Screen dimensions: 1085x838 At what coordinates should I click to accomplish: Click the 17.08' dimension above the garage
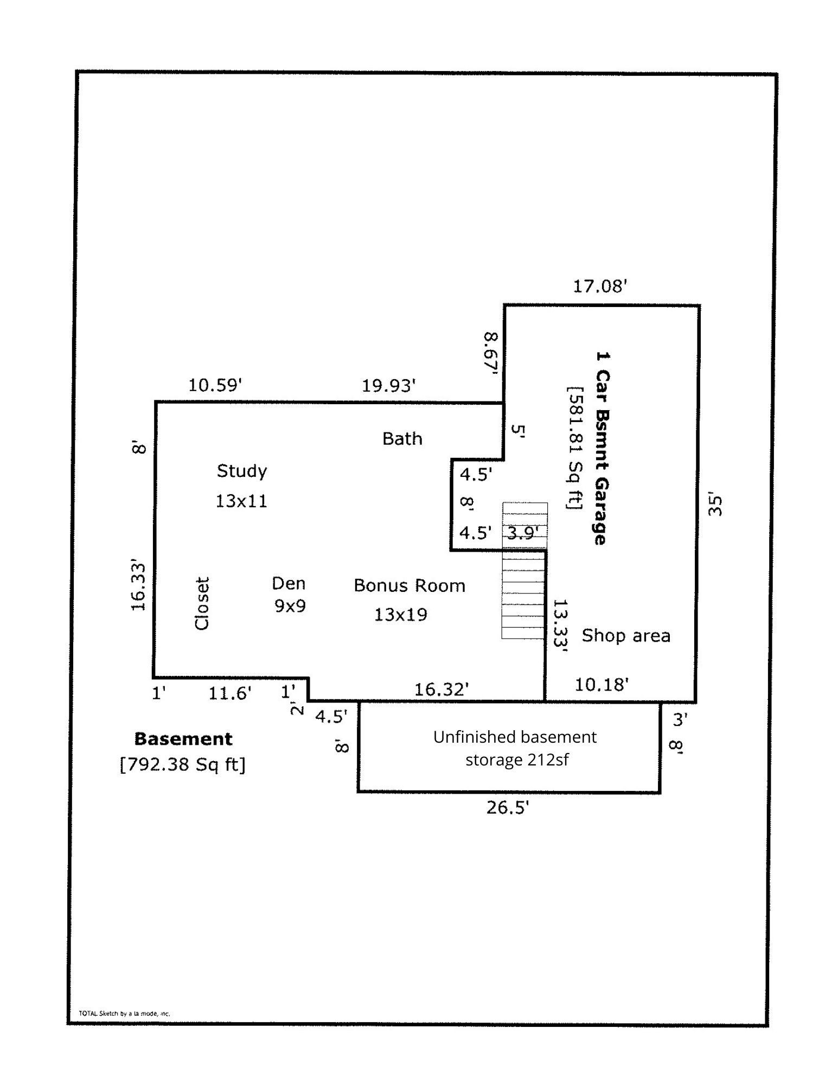(600, 286)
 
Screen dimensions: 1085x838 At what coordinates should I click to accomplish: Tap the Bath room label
(402, 438)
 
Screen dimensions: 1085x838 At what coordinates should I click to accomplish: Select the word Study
(242, 470)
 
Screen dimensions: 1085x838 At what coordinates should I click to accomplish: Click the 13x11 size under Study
(241, 501)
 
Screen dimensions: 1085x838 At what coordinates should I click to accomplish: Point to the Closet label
(202, 603)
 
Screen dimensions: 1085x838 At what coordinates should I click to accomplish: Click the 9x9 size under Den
(290, 605)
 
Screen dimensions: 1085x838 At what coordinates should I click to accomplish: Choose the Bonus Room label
(410, 585)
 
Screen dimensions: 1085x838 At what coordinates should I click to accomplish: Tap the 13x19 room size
(400, 615)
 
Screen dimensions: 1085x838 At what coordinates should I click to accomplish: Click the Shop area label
(626, 635)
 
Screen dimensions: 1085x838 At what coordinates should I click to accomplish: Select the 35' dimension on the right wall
(715, 505)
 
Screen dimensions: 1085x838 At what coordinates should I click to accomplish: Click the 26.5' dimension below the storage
(507, 808)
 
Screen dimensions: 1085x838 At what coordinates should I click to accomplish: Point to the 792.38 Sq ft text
(183, 764)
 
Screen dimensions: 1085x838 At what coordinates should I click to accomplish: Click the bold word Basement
(183, 739)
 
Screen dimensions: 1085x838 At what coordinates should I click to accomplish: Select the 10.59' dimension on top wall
(215, 385)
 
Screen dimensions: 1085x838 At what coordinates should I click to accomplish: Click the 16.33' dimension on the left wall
(139, 587)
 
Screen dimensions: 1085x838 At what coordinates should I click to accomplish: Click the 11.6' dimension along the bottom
(230, 693)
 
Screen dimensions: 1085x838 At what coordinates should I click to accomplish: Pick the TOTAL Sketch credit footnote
(124, 1013)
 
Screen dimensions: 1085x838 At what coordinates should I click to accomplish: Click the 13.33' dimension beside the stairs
(560, 625)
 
